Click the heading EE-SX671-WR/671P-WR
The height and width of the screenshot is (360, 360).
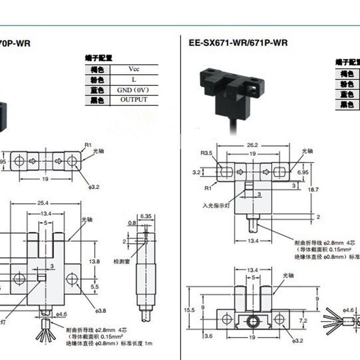tap(238, 43)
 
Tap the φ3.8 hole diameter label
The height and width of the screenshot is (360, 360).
tap(100, 310)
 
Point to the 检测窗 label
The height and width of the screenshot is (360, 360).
tap(121, 261)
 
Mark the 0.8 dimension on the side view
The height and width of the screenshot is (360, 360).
tap(132, 222)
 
